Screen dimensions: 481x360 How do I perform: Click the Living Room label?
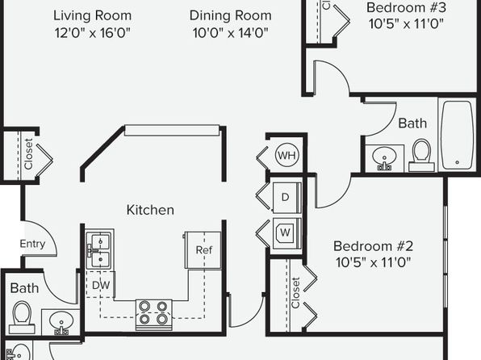tap(92, 15)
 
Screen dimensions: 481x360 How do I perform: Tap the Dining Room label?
tap(230, 15)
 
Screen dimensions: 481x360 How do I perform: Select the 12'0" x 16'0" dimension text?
tap(92, 32)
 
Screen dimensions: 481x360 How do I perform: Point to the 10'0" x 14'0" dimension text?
tap(230, 32)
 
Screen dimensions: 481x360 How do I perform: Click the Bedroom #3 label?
tap(406, 7)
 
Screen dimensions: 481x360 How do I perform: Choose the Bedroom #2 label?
tap(374, 246)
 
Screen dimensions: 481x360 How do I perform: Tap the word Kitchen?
tap(150, 210)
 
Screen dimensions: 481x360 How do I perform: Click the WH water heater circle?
tap(287, 155)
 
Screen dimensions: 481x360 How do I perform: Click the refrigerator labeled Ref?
tap(203, 250)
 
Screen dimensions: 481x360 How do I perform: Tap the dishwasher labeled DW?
tap(100, 284)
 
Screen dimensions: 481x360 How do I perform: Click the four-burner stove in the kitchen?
tap(153, 314)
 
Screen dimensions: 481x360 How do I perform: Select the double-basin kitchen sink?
tap(100, 249)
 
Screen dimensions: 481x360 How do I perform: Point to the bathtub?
tap(457, 135)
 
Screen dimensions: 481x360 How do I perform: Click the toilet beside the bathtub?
tap(422, 155)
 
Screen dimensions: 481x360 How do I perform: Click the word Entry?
tap(32, 244)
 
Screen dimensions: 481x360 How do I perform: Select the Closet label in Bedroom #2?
tap(295, 292)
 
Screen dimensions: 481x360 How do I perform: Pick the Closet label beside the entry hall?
tap(28, 153)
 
